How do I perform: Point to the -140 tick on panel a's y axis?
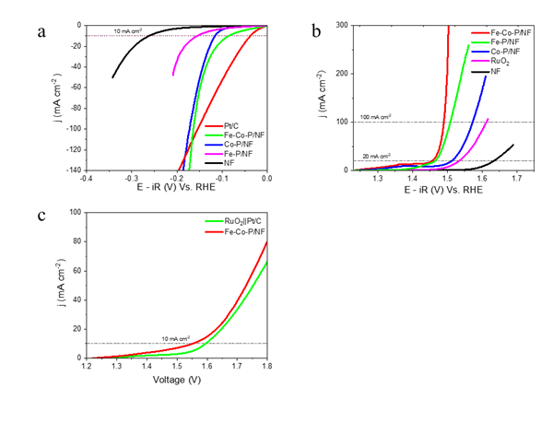pos(72,170)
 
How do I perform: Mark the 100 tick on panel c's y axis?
pos(74,212)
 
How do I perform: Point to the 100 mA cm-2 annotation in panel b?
pos(375,117)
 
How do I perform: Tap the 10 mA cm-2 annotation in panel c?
pos(175,339)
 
